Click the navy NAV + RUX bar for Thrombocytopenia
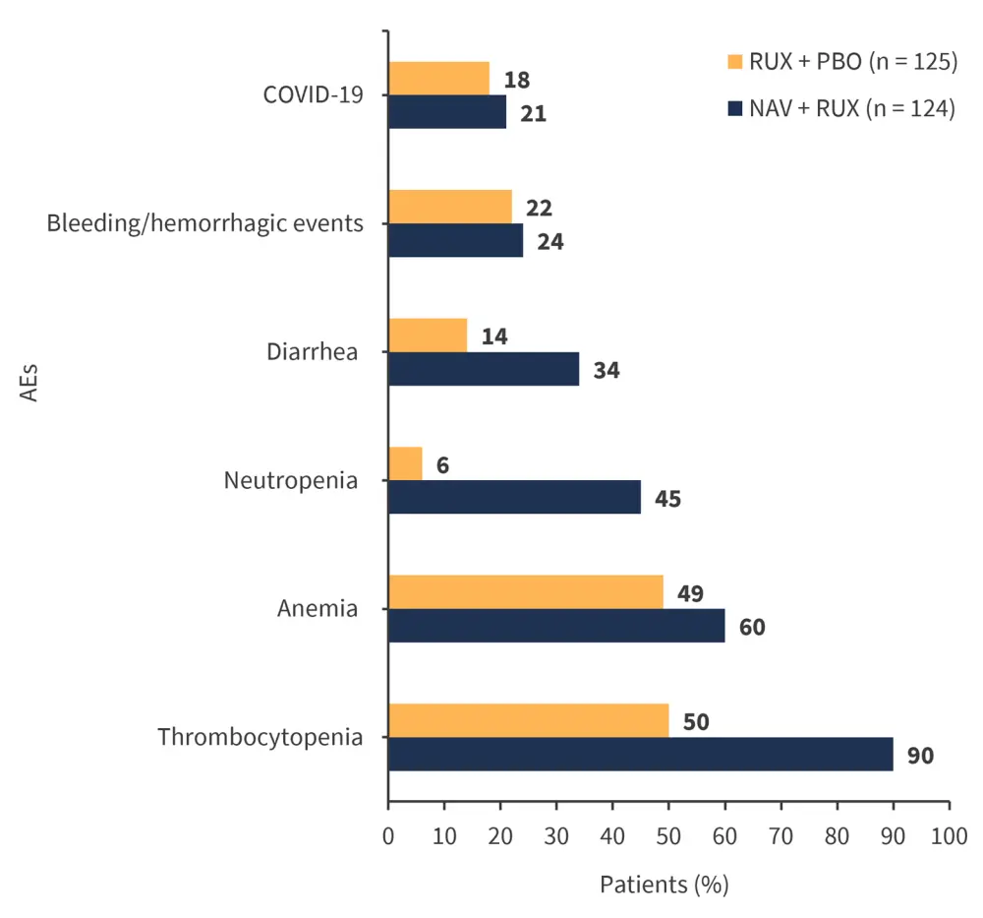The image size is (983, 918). pos(640,755)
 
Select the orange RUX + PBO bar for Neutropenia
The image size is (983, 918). pos(405,463)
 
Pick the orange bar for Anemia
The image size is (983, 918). pos(526,592)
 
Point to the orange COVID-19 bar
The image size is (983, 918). pos(438,79)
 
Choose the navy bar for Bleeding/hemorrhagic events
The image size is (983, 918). pos(455,240)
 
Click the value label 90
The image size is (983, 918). pos(920,756)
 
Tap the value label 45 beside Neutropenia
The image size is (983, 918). pos(667,498)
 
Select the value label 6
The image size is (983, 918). pos(442,464)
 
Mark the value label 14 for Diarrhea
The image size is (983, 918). pos(494,336)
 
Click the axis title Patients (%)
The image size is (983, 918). pos(664,885)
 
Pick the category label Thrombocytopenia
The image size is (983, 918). pos(260,737)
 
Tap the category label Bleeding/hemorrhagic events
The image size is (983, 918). pos(205,223)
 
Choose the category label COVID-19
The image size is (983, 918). pos(313,95)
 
